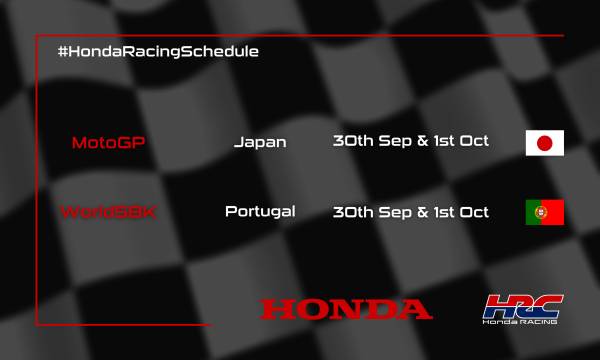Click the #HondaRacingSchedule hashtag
pyautogui.click(x=159, y=51)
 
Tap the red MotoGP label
pyautogui.click(x=109, y=142)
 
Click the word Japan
pyautogui.click(x=260, y=142)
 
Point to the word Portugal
pyautogui.click(x=260, y=212)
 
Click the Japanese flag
pyautogui.click(x=545, y=143)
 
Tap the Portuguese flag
pyautogui.click(x=545, y=212)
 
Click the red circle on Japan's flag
pyautogui.click(x=545, y=143)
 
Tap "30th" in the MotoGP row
pyautogui.click(x=352, y=141)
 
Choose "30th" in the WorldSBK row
pyautogui.click(x=352, y=211)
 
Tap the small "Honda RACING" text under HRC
pyautogui.click(x=522, y=323)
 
